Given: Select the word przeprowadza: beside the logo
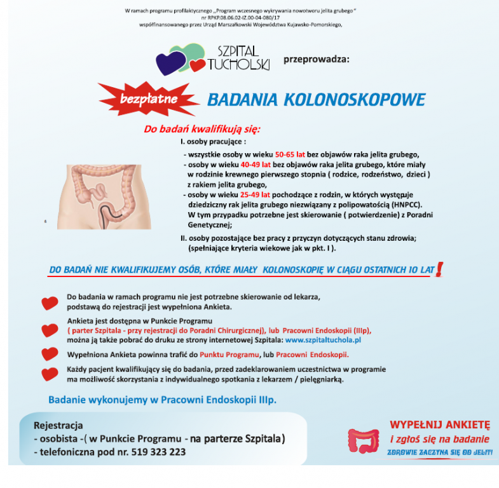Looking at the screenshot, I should (x=316, y=60).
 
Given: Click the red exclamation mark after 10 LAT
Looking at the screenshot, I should (x=439, y=269).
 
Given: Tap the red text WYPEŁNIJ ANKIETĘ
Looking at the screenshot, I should (x=440, y=424).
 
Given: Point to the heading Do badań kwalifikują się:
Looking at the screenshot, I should (x=202, y=129).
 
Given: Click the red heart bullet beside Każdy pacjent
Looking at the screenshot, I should (x=50, y=374).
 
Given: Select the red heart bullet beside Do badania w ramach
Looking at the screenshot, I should (x=50, y=302).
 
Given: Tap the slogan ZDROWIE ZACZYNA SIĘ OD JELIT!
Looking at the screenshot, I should (x=440, y=452).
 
